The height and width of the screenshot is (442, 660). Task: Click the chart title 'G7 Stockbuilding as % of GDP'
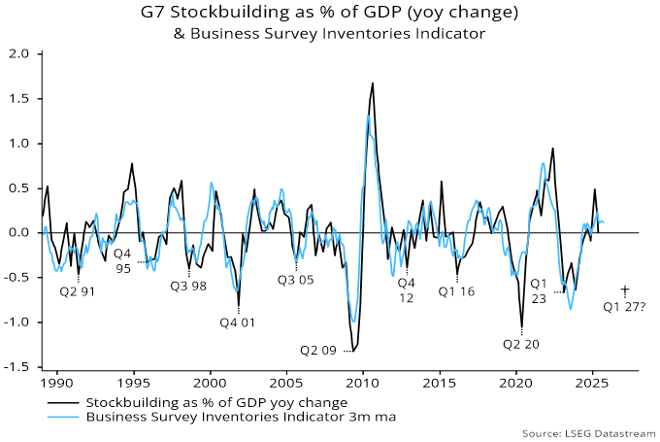(330, 14)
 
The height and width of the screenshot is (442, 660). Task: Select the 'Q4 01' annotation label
(237, 322)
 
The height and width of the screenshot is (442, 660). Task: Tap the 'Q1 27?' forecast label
(624, 307)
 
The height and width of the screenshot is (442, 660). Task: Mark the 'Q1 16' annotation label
(457, 290)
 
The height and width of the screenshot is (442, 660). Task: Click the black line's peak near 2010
(372, 84)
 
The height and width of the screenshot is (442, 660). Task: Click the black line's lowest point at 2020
(522, 327)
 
